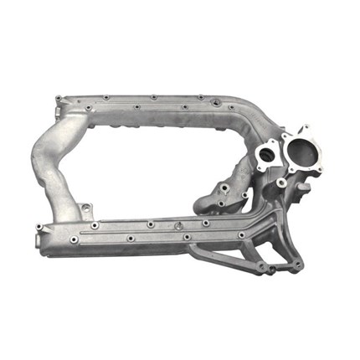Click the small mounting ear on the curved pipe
pyautogui.click(x=85, y=207)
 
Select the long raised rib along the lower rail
pyautogui.click(x=151, y=229)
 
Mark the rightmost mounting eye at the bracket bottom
pyautogui.click(x=299, y=266)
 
